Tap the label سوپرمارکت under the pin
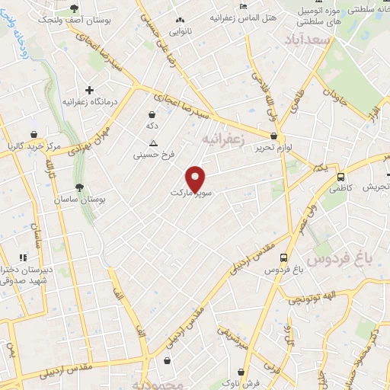(194, 194)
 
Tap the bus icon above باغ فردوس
(284, 257)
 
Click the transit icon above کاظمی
(340, 176)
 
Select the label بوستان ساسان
(79, 199)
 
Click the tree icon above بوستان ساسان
(79, 186)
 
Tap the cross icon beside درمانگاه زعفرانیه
(90, 90)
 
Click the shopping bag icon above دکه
(152, 114)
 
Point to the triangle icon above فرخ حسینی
(154, 142)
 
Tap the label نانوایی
(181, 32)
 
